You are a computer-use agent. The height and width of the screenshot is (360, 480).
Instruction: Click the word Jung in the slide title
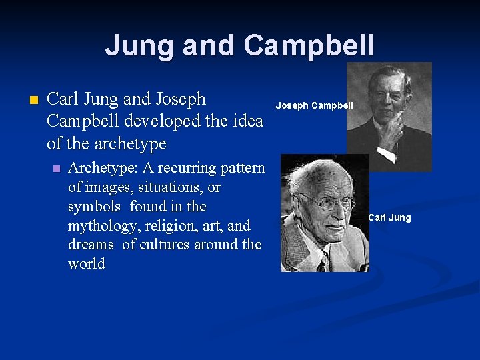pos(137,45)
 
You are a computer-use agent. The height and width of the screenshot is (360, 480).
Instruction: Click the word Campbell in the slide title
pos(309,45)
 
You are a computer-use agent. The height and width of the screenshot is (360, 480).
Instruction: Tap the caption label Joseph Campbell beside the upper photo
pos(314,105)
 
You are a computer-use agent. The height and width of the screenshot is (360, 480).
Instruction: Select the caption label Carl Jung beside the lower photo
pos(389,217)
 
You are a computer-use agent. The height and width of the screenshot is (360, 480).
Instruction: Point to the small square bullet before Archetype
pos(55,168)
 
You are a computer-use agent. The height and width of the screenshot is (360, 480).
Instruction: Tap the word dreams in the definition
pos(91,245)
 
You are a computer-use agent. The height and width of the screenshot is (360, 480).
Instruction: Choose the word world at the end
pos(87,264)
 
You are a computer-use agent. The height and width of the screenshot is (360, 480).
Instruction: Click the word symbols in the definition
pos(94,206)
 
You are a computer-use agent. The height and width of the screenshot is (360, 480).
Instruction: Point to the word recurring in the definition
pos(181,167)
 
